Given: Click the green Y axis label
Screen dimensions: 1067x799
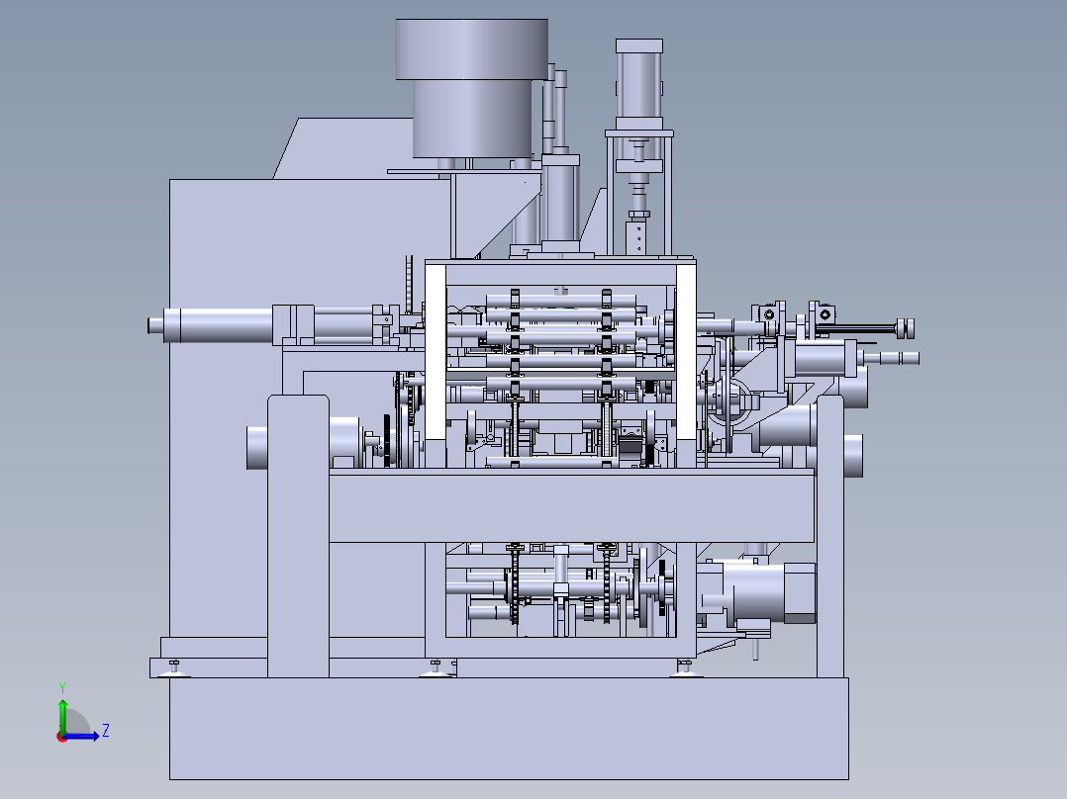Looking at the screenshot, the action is tap(62, 687).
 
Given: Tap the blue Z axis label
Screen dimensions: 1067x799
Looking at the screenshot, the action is tap(106, 731).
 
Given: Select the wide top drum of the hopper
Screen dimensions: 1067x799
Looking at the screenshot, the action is tap(471, 49).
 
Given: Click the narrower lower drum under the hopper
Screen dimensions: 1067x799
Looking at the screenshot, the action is tap(472, 119).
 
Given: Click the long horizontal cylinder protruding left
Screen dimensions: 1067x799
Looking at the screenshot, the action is tap(211, 324).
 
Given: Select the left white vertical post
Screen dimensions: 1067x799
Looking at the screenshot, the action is tap(436, 352).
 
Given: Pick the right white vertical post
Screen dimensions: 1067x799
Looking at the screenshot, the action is tap(686, 352).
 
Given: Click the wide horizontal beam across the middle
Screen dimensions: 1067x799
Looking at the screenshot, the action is tap(572, 505).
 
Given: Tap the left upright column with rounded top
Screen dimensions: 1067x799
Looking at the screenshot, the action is tap(298, 536).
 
